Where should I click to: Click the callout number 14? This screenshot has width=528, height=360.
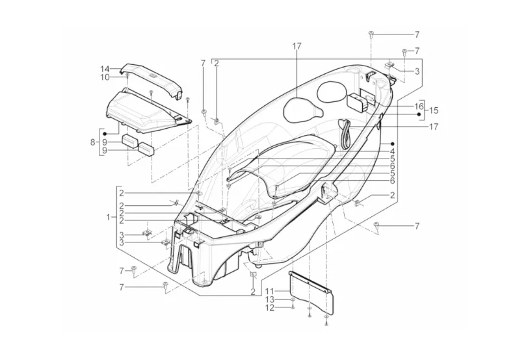pos(105,69)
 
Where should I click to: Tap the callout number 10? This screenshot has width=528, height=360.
pos(105,77)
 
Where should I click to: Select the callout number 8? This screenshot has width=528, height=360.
pos(93,142)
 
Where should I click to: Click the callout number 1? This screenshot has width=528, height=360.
pos(108,218)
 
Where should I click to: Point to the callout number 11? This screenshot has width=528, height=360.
pos(270,290)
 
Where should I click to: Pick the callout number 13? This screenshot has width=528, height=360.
pos(270,300)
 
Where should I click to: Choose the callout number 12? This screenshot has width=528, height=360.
pos(270,308)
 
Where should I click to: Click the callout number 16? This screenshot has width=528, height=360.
pos(419,107)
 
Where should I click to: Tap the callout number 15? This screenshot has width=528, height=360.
pos(434,110)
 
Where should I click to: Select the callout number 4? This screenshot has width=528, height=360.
pos(392,151)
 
